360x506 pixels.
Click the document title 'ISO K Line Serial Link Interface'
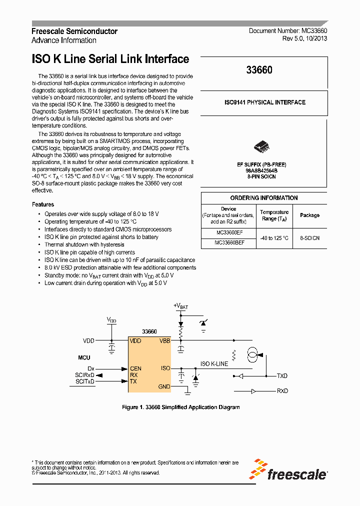click(110, 59)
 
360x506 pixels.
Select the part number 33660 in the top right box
click(259, 70)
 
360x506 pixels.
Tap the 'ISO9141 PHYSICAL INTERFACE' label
click(264, 102)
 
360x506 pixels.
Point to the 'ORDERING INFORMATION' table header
click(264, 198)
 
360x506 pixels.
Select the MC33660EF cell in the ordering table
click(229, 233)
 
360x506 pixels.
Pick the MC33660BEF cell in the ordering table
click(229, 242)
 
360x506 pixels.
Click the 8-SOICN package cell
click(309, 238)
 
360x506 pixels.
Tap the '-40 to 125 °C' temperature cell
click(274, 238)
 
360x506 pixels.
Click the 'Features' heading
click(43, 204)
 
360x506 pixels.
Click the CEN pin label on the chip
click(135, 368)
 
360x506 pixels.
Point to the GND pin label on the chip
click(164, 386)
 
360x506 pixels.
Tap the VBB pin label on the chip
click(164, 340)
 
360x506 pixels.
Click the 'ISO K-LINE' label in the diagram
click(214, 364)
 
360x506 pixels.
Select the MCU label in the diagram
click(84, 358)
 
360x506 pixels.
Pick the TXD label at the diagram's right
click(282, 375)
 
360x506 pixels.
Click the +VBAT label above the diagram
click(180, 305)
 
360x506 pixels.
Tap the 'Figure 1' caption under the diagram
click(180, 407)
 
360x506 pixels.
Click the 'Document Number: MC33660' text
click(288, 31)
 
